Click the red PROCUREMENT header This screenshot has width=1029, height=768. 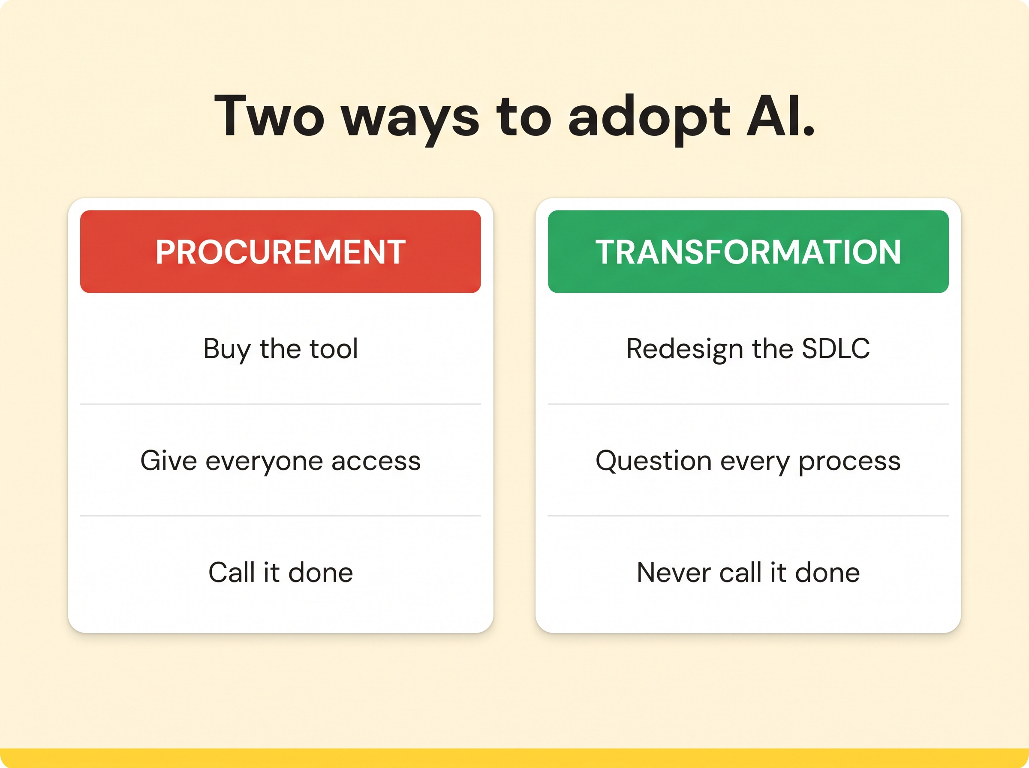coord(280,252)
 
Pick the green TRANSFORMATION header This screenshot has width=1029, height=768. coord(748,252)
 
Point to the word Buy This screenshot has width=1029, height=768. coord(227,350)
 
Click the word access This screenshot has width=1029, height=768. coord(376,462)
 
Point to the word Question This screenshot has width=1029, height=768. coord(653,461)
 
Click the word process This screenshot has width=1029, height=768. coord(849,462)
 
